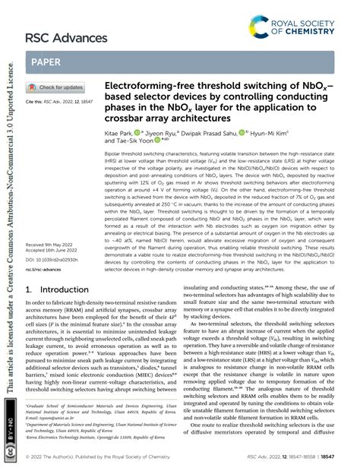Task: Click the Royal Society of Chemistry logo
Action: [305, 28]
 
